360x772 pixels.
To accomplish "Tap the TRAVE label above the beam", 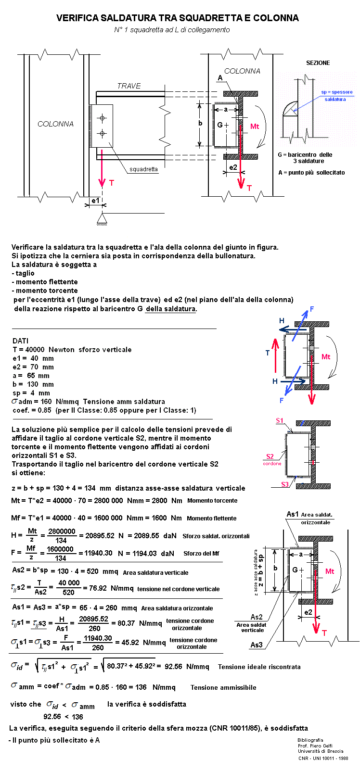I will click(x=129, y=86).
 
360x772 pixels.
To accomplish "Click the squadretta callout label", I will click(x=143, y=169).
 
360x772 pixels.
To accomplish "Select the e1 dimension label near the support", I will click(x=95, y=200).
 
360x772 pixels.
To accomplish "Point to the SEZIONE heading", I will click(x=318, y=63).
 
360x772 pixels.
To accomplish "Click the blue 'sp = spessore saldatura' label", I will click(x=336, y=95).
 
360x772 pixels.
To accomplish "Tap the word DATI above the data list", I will click(x=20, y=341).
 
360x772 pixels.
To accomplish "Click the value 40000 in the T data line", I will click(x=35, y=350).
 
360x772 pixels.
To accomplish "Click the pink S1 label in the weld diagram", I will click(x=280, y=420).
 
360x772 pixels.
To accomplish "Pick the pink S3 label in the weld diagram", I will click(x=285, y=484).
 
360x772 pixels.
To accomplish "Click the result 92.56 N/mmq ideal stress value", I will click(x=187, y=667).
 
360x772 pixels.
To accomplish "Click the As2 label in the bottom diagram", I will click(x=257, y=617).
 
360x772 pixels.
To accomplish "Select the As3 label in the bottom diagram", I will click(x=257, y=645).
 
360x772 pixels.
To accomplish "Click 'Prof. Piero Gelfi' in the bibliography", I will click(x=315, y=746).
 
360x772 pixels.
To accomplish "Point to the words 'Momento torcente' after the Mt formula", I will click(x=212, y=501).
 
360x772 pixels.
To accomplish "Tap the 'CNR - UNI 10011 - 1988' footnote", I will click(x=323, y=759).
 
